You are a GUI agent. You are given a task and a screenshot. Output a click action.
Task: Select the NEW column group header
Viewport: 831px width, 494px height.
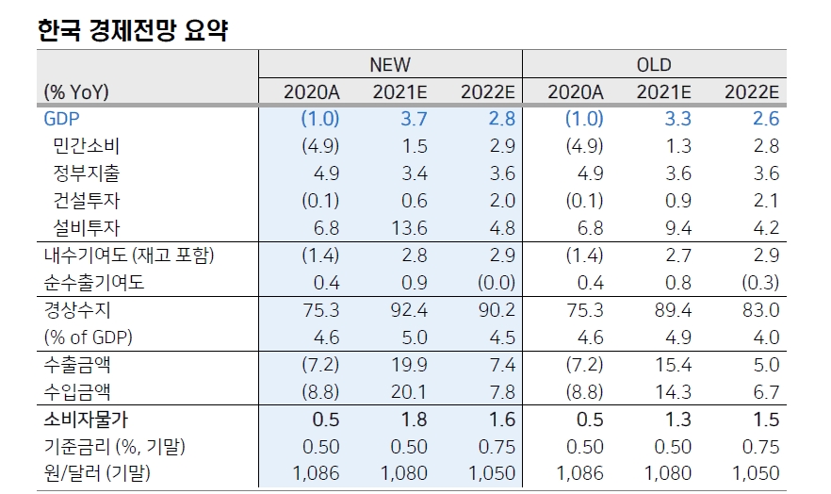point(389,64)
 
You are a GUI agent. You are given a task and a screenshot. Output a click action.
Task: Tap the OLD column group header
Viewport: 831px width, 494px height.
point(653,64)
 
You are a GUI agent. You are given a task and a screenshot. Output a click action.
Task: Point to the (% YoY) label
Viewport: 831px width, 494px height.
point(76,91)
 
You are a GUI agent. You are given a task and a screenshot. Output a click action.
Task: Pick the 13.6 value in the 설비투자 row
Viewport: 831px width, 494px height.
point(407,228)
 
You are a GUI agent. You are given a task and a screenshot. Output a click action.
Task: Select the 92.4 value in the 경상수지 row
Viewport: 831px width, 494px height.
point(407,310)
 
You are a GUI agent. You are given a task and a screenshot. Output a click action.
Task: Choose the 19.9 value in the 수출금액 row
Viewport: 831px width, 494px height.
point(407,365)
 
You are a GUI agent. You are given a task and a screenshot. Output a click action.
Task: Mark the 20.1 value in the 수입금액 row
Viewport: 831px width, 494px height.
point(407,392)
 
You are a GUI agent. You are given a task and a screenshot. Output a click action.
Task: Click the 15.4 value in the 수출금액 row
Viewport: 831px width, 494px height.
point(671,365)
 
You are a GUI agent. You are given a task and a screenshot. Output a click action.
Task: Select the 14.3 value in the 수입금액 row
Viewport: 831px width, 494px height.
point(671,392)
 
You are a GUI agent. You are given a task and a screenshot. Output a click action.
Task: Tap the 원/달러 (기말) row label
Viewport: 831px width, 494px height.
point(96,473)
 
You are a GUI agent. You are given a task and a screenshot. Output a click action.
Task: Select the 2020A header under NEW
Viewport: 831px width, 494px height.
point(311,91)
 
